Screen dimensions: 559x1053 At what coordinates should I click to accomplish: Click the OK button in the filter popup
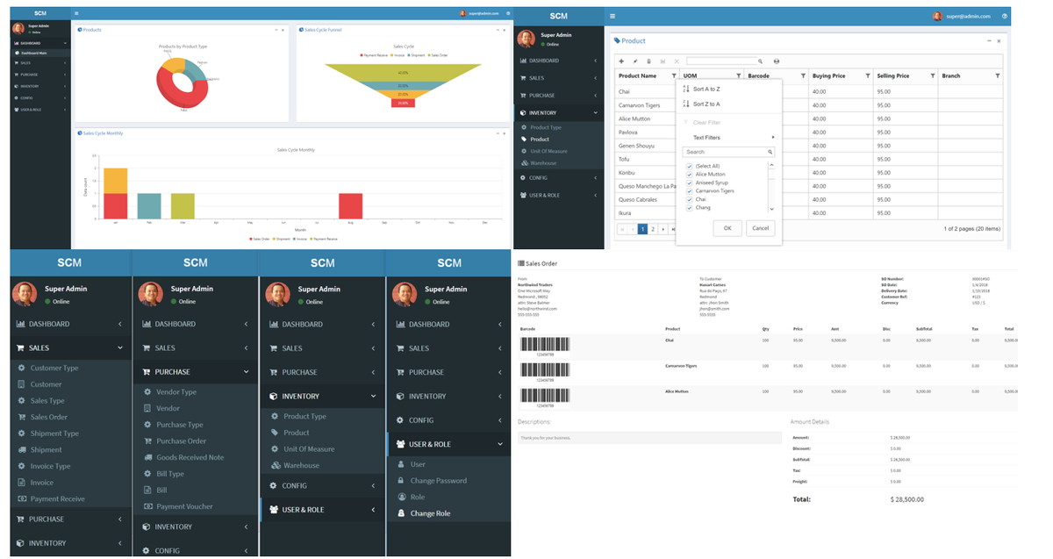727,228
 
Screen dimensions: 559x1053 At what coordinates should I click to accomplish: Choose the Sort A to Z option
706,89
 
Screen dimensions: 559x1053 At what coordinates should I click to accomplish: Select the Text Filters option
706,138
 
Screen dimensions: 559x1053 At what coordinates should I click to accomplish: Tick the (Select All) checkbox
690,166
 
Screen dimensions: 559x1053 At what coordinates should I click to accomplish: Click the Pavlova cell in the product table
628,132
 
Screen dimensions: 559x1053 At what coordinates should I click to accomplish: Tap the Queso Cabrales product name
637,199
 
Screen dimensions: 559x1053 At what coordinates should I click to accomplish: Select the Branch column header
951,76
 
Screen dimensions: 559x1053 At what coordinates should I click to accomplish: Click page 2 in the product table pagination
653,229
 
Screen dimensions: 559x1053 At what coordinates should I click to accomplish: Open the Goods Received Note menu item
190,457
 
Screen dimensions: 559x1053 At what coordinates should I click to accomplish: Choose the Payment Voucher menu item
184,506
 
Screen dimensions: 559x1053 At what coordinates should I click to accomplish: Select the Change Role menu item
430,513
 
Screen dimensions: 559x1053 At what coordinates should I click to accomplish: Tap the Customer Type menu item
54,368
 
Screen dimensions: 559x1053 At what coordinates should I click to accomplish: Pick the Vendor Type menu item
176,392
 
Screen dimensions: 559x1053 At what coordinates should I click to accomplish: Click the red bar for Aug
350,206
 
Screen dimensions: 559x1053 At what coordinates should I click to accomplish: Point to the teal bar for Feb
149,206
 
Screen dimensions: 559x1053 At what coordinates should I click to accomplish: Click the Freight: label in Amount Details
801,481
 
